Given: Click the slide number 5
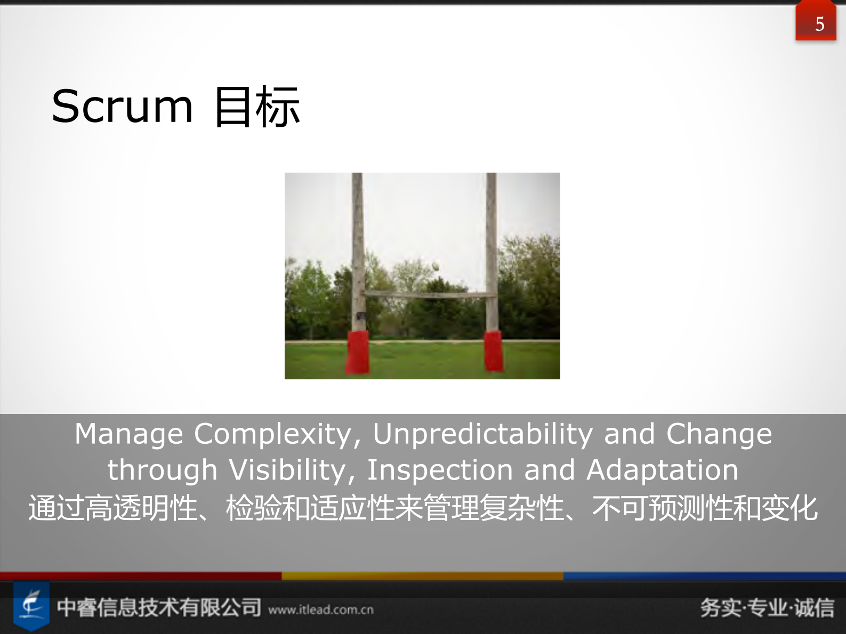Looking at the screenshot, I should (819, 24).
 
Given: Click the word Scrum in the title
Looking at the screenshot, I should (122, 107).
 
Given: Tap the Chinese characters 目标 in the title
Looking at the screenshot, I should (257, 107).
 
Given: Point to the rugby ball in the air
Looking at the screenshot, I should (436, 266).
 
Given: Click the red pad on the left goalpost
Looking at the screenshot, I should (357, 352).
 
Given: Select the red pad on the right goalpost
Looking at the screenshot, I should (494, 351).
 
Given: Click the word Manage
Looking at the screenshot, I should (128, 434).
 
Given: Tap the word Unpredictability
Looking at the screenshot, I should (482, 434).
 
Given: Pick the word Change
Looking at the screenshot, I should (719, 434).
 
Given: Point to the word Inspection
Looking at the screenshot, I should (440, 470).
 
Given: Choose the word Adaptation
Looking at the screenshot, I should (662, 470).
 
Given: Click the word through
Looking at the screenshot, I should (163, 470).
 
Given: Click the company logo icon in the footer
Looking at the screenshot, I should (31, 606).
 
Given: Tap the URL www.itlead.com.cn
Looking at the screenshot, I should (321, 610).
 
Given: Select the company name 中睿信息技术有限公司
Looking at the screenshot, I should (159, 607).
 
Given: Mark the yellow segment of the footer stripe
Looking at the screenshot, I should (422, 576).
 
